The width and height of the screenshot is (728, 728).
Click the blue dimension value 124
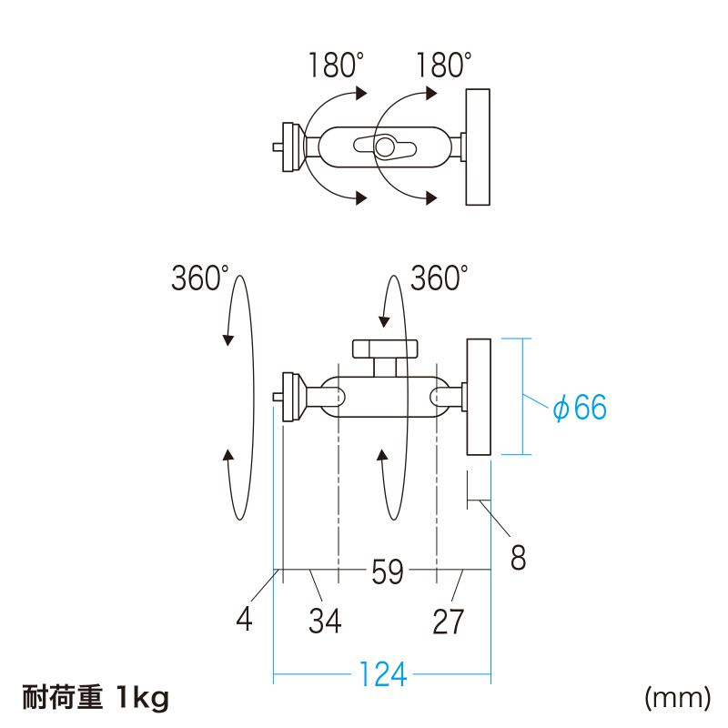[382, 676]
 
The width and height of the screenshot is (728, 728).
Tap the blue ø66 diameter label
[580, 409]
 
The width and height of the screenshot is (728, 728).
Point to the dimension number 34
[325, 622]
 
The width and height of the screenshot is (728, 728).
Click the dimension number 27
[449, 622]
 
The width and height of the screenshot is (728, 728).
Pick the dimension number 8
[518, 557]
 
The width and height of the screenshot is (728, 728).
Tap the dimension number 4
[244, 620]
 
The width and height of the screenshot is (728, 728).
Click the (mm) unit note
[676, 698]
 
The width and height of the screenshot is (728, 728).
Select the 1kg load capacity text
[143, 698]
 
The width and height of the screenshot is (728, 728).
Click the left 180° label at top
[334, 66]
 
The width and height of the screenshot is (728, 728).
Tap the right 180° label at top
[443, 66]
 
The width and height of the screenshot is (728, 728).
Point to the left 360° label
[200, 278]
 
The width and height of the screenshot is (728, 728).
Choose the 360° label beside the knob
[439, 278]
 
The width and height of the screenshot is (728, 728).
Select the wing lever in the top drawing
[385, 146]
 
